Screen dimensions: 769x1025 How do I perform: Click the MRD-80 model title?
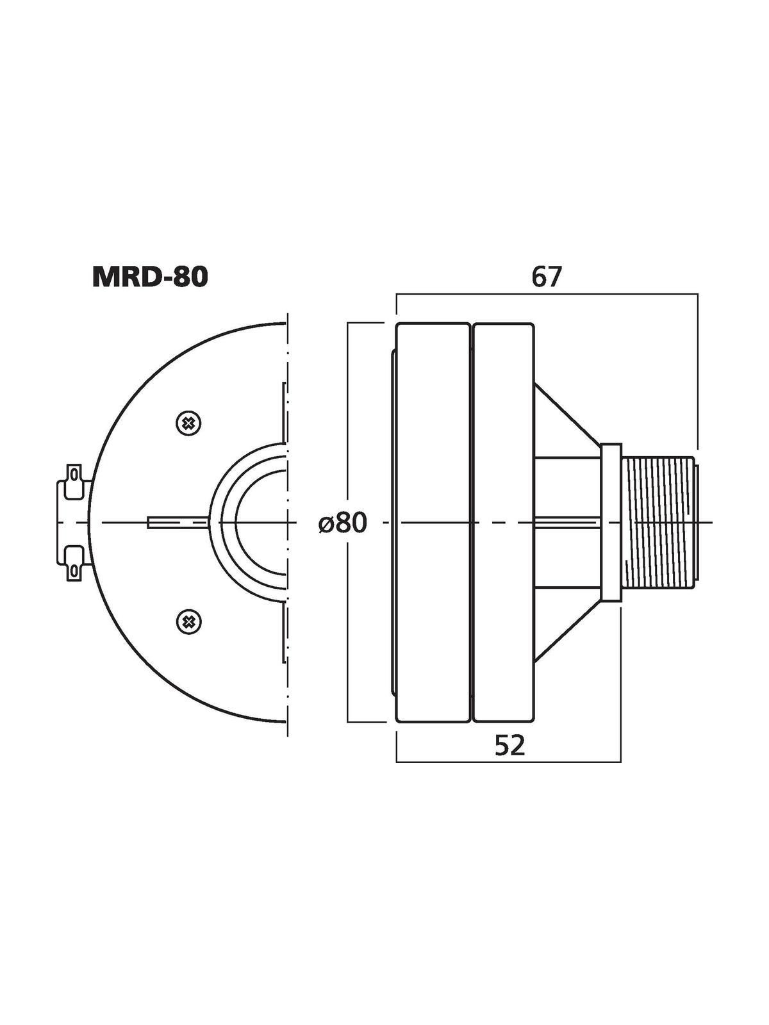coord(150,278)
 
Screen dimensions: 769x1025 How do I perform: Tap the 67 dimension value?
coord(546,278)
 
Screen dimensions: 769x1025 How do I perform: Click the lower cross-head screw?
coord(188,621)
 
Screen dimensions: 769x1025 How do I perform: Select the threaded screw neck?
coord(660,522)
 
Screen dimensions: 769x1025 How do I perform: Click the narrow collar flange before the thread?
coord(611,522)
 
